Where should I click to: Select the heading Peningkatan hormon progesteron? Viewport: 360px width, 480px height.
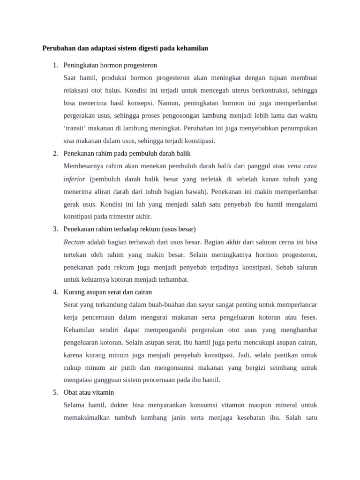(110, 65)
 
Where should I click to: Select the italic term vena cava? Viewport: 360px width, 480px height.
(302, 166)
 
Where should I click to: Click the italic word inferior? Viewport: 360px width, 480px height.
(75, 179)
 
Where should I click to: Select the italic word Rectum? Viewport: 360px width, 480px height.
(74, 242)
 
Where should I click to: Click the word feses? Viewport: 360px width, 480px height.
(309, 317)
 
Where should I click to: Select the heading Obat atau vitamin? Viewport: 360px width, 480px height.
(89, 392)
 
